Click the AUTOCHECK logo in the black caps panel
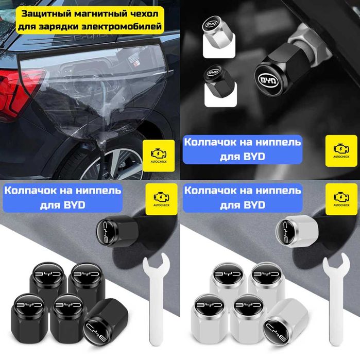point(160,198)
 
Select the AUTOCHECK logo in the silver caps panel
point(340,198)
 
